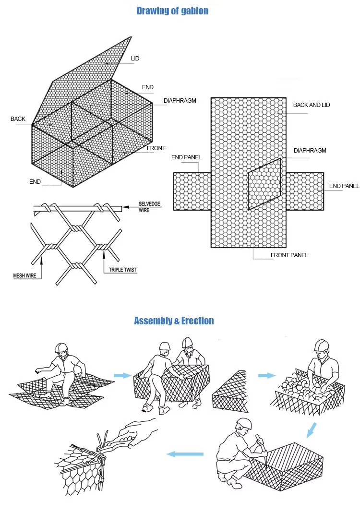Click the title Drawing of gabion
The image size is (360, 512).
172,11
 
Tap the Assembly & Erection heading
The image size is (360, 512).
174,321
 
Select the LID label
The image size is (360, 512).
135,59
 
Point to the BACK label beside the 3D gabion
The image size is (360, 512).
18,119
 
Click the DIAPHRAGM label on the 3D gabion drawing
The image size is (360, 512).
180,101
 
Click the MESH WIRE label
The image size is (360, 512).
24,275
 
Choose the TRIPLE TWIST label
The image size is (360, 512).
120,271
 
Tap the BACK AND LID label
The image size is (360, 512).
312,105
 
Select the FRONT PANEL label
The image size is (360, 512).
289,255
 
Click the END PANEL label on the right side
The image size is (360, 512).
344,186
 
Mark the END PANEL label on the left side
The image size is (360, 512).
186,157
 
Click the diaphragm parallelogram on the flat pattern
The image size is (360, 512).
264,185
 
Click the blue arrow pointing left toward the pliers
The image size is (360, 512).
184,453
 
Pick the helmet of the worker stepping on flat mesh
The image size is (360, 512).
61,347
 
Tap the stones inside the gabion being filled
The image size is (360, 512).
300,384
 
